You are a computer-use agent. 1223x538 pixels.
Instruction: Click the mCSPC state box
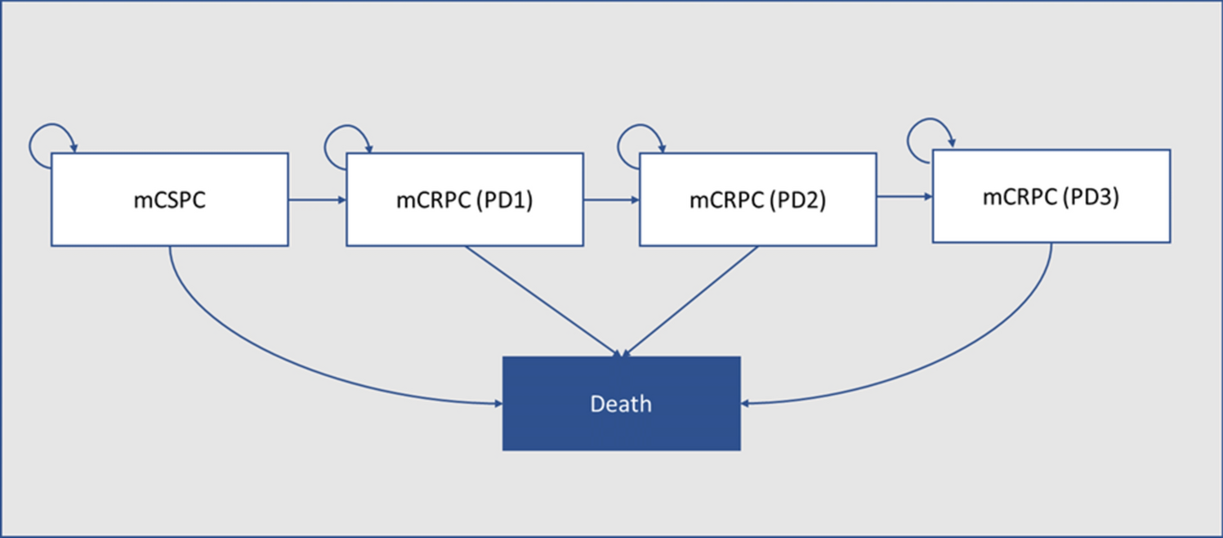[169, 199]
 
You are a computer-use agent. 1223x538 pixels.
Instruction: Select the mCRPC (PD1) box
[464, 199]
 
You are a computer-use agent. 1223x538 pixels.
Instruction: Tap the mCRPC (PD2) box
[757, 199]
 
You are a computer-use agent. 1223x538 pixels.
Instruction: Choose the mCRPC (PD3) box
[1051, 196]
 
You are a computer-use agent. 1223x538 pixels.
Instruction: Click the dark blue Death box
[621, 403]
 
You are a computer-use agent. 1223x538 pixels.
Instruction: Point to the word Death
[621, 404]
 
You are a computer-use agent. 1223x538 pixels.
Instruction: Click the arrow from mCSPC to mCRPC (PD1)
[317, 199]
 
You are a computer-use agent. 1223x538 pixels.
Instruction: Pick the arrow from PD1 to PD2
[611, 199]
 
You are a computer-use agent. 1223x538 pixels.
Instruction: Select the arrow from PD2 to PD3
[904, 196]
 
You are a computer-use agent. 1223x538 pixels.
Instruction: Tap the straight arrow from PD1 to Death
[543, 301]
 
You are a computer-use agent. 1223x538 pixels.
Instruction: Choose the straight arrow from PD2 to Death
[690, 301]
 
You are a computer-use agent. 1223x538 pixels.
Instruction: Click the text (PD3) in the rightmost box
[1091, 197]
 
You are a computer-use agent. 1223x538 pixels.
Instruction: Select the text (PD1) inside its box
[504, 200]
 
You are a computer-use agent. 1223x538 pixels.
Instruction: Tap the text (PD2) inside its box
[797, 200]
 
